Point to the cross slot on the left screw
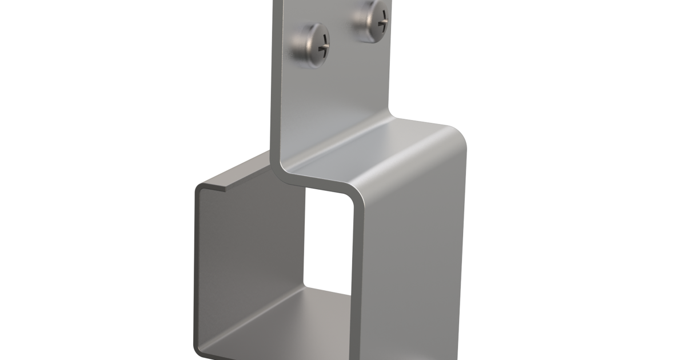click(x=324, y=47)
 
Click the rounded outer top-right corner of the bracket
click(x=457, y=134)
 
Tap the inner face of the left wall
click(x=246, y=257)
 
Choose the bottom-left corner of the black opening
click(x=306, y=286)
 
